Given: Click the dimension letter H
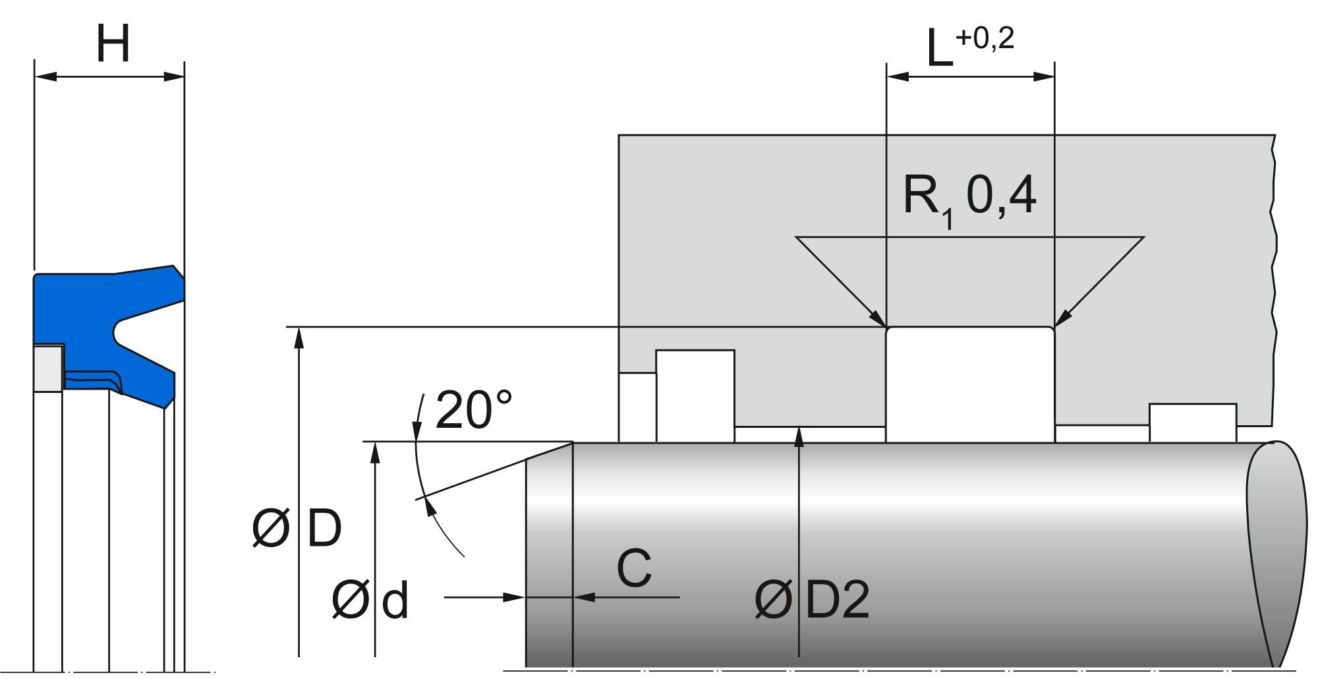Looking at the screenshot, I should (x=113, y=44).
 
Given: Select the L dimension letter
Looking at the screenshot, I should (x=939, y=49).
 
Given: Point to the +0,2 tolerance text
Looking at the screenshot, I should (x=985, y=38).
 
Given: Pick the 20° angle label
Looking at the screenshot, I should (x=473, y=409).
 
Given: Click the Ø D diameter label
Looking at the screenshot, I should (x=297, y=528).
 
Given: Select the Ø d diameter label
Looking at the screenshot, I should (x=370, y=600).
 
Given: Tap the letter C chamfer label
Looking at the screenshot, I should (x=634, y=568).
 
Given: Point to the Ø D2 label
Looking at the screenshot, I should (x=812, y=600).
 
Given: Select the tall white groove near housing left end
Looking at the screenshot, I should (x=695, y=396).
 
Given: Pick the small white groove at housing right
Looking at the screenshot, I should (x=1192, y=423).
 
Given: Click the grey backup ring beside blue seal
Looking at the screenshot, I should (x=48, y=368).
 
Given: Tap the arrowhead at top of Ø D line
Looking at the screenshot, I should (x=299, y=336).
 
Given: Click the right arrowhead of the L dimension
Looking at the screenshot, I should (x=1045, y=76).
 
